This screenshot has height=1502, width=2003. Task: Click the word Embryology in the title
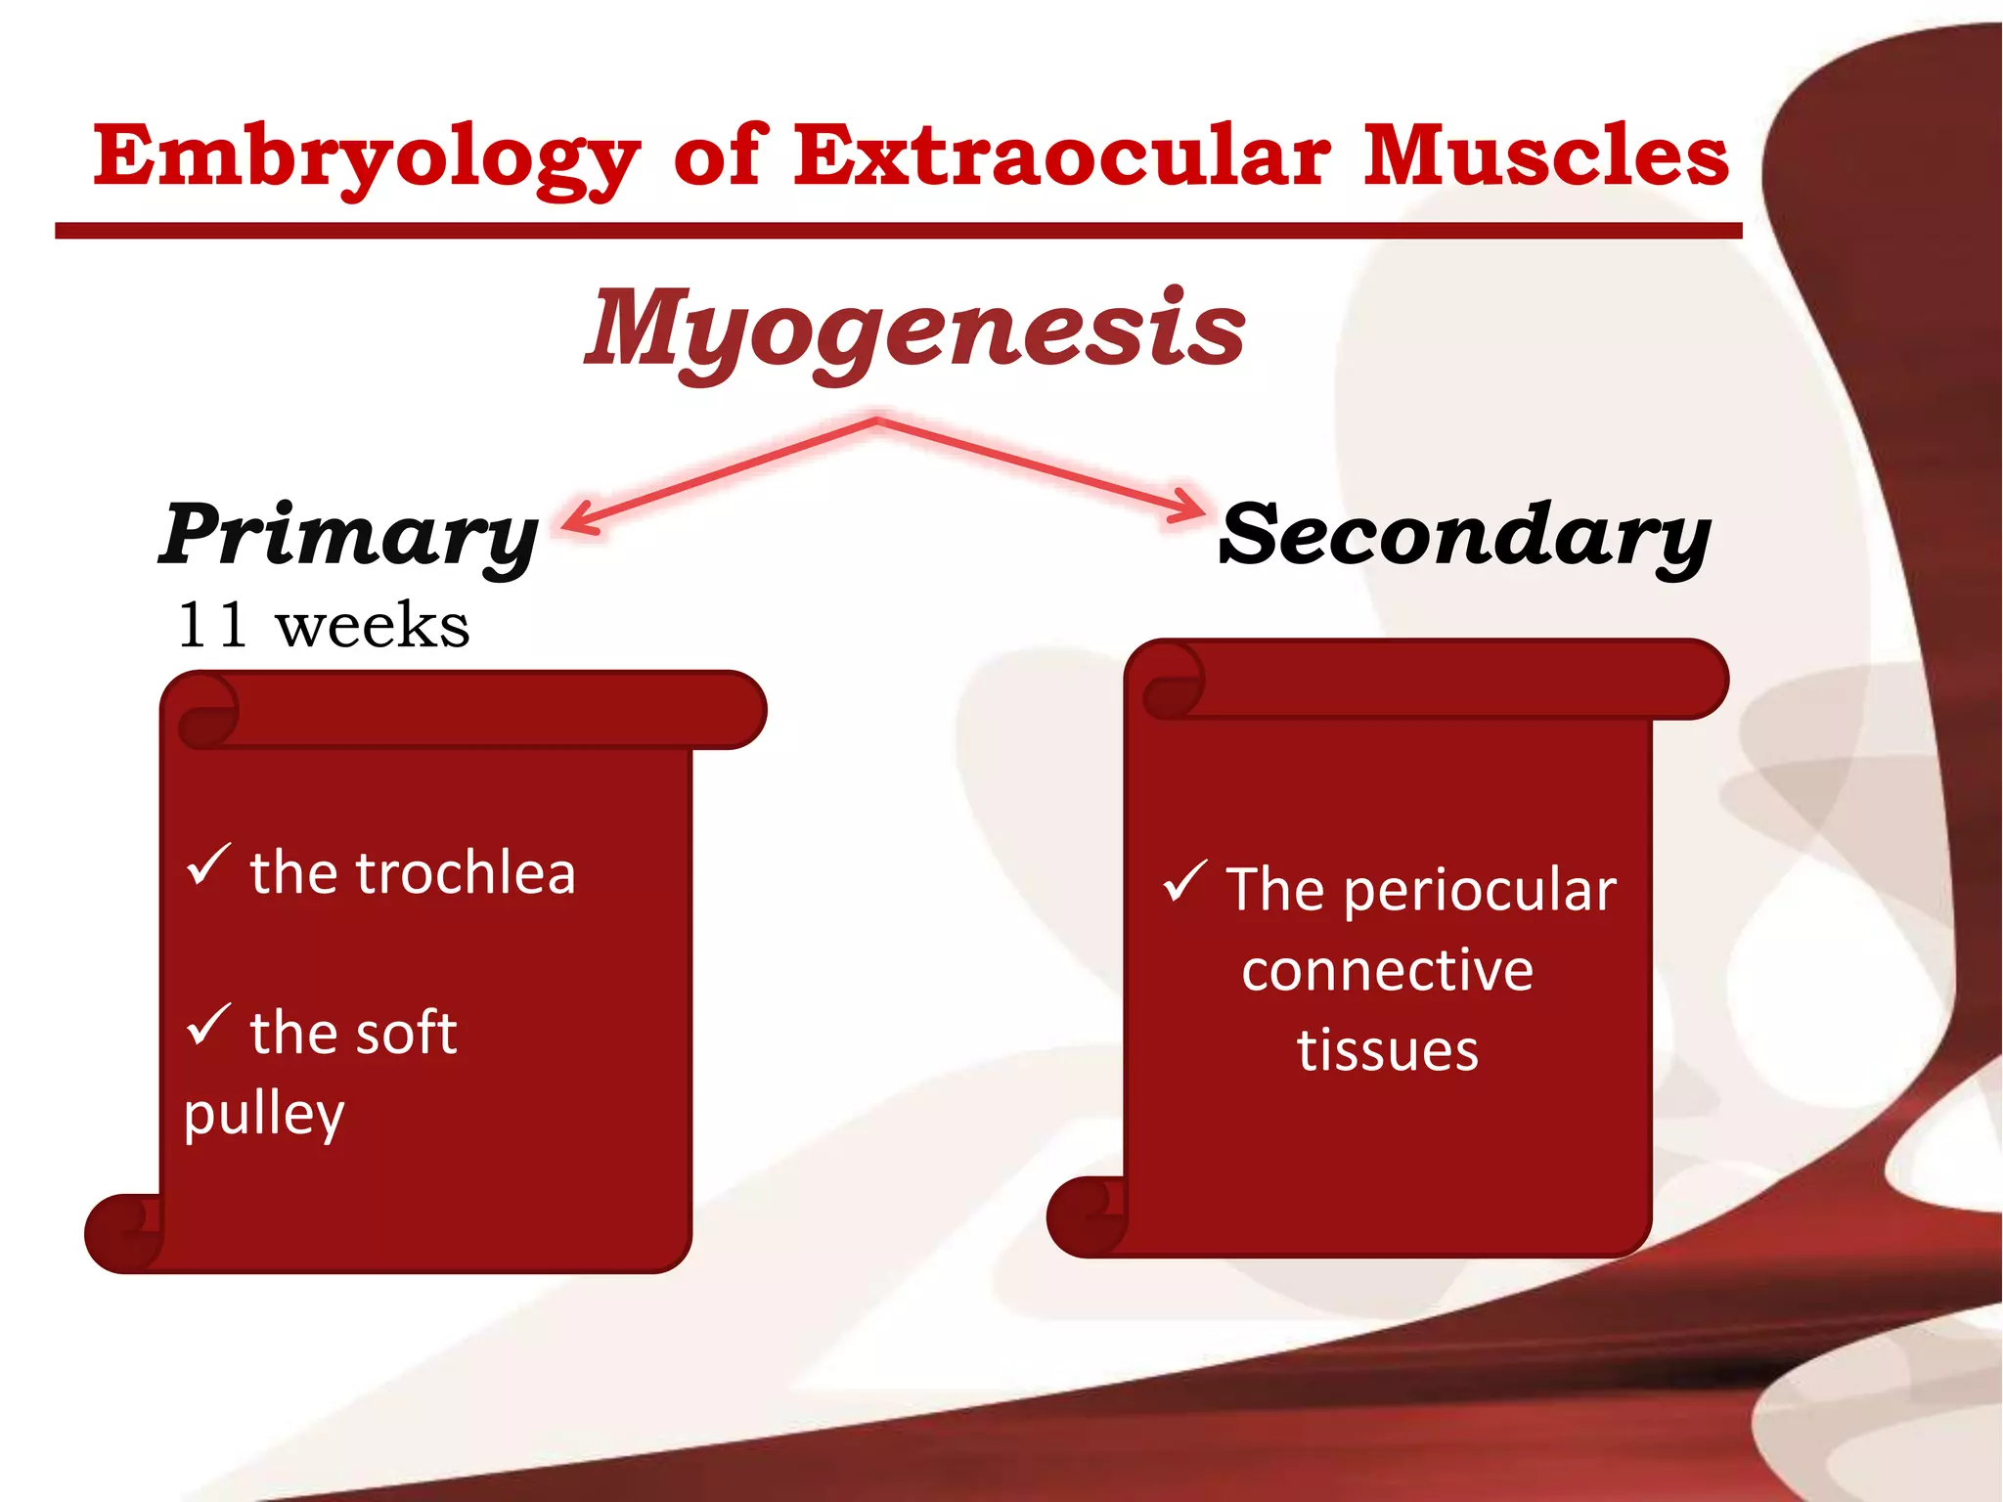pos(367,156)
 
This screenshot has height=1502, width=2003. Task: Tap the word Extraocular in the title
pos(1061,156)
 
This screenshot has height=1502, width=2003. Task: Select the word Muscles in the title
pos(1545,156)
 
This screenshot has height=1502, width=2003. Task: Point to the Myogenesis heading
pos(914,328)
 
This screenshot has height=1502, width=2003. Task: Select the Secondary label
pos(1464,535)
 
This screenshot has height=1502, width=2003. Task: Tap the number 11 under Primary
pos(211,626)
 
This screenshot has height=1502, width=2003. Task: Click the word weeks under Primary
pos(372,627)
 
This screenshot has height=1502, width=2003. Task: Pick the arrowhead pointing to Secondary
pos(1191,507)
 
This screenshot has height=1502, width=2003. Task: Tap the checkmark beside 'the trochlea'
pos(207,864)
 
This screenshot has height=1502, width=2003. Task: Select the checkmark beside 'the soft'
pos(207,1024)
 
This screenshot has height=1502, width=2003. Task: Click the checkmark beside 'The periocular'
pos(1185,881)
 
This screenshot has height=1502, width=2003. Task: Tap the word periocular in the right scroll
pos(1479,891)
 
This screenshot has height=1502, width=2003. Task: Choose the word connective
pos(1387,970)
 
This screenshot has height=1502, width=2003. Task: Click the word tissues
pos(1387,1050)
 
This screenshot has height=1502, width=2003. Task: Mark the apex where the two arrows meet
pos(877,421)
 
